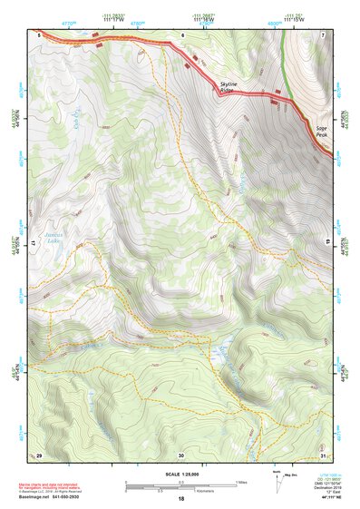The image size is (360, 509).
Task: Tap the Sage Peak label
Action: pyautogui.click(x=322, y=132)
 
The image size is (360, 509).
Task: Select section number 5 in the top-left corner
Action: pyautogui.click(x=39, y=34)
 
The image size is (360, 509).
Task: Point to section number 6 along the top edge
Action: pyautogui.click(x=182, y=34)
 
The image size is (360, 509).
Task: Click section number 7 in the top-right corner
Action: pyautogui.click(x=322, y=34)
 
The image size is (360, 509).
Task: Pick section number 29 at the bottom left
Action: pyautogui.click(x=39, y=455)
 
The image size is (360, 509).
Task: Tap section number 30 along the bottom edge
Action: pyautogui.click(x=181, y=455)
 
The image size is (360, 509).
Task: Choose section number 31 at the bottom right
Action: pyautogui.click(x=322, y=455)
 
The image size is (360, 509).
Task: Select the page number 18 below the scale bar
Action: pyautogui.click(x=181, y=499)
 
